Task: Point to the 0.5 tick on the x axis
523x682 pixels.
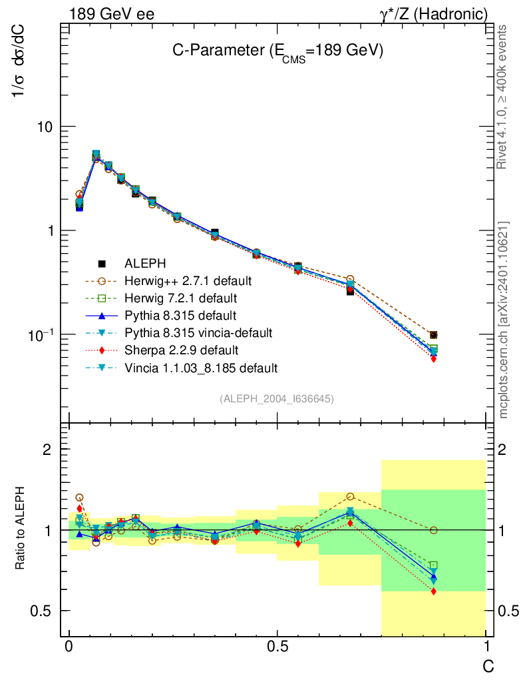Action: (x=277, y=647)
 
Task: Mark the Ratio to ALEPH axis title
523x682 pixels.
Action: (x=21, y=529)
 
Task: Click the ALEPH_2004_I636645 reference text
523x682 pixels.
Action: (x=276, y=398)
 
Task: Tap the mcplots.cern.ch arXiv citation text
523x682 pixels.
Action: (x=504, y=320)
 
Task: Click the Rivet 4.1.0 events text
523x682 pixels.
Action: (x=503, y=97)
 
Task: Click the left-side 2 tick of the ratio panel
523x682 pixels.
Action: (x=47, y=449)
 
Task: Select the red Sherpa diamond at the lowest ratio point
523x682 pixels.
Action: (x=433, y=591)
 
